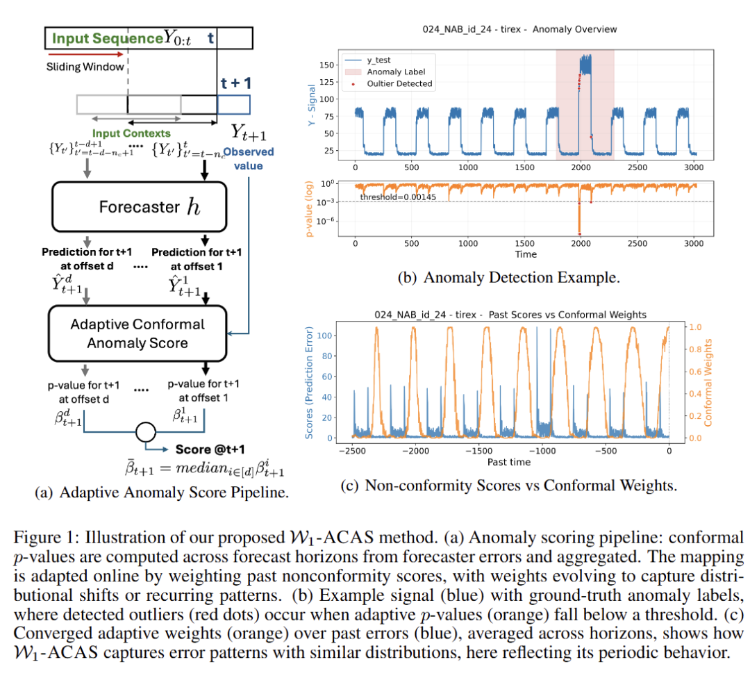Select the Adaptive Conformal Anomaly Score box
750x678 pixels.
click(x=137, y=333)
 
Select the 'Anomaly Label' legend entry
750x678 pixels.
click(x=395, y=72)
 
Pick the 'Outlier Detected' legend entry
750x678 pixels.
click(x=399, y=83)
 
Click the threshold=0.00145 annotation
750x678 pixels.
click(x=396, y=198)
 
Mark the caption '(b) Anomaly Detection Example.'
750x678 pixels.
click(x=508, y=277)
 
